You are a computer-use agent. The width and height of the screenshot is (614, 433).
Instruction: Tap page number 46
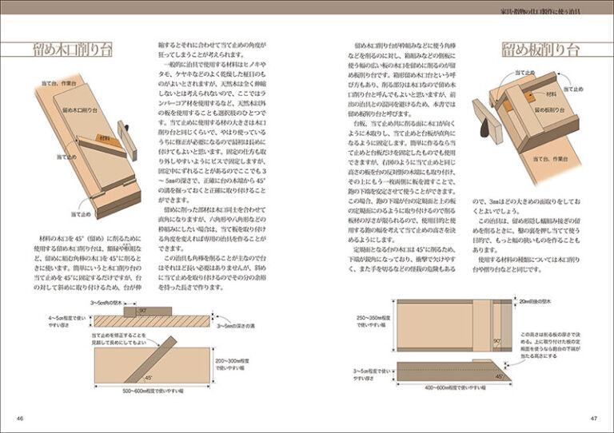point(20,417)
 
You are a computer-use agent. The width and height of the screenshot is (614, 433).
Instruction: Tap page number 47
point(594,417)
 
